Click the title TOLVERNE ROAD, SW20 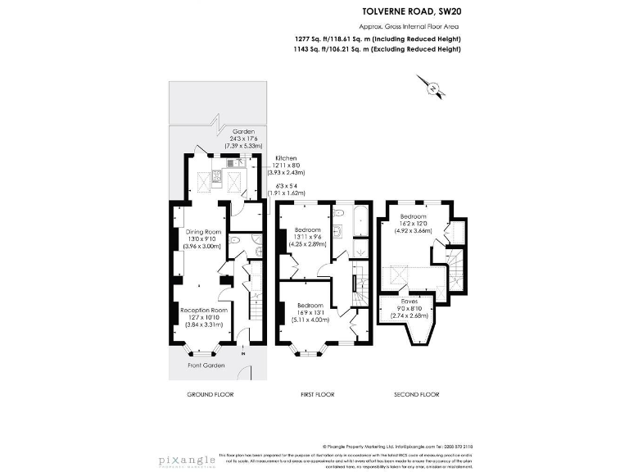(411, 12)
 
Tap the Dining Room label (202, 231)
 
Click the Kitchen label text (286, 157)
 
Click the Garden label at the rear (244, 131)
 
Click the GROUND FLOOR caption (210, 394)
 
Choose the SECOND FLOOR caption (418, 394)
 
